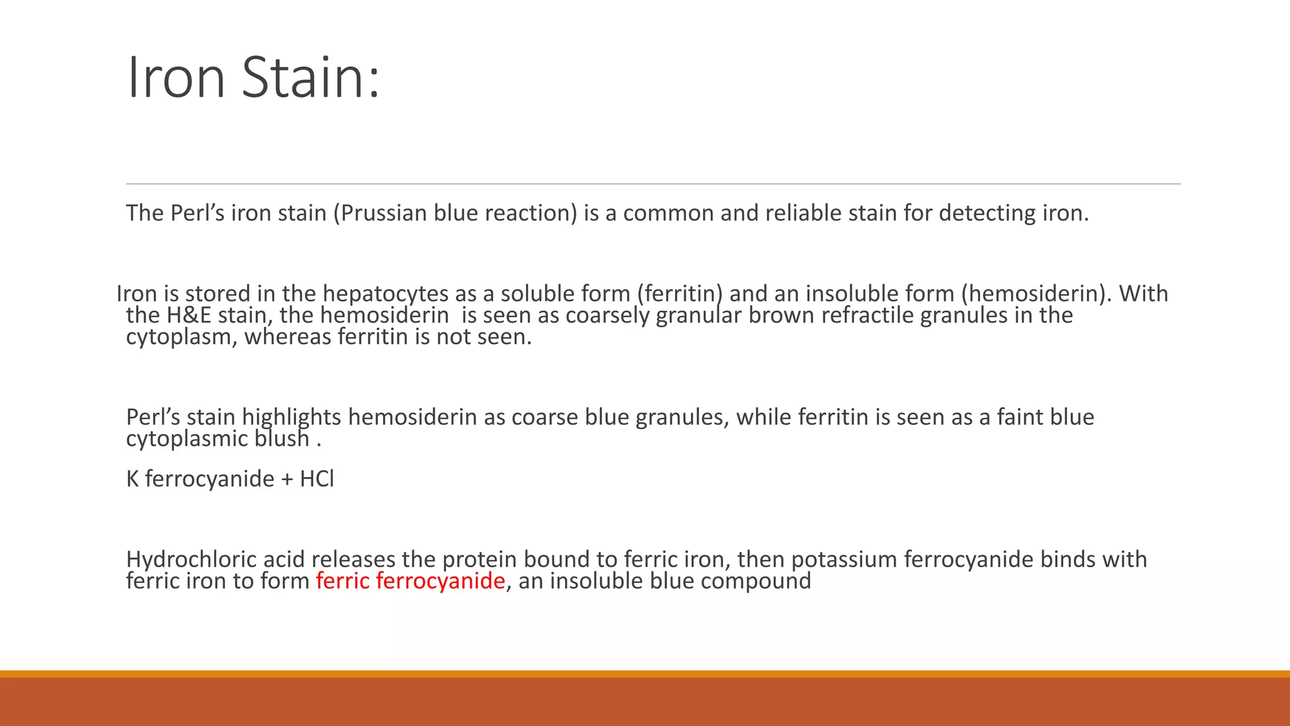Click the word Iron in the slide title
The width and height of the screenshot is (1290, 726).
click(176, 78)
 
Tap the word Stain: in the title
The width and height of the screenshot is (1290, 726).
click(311, 78)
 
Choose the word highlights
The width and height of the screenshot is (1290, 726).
click(291, 418)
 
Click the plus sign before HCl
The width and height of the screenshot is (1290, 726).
click(287, 480)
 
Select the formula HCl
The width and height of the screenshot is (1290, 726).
click(317, 479)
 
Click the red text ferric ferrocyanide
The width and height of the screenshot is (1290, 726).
click(410, 581)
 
